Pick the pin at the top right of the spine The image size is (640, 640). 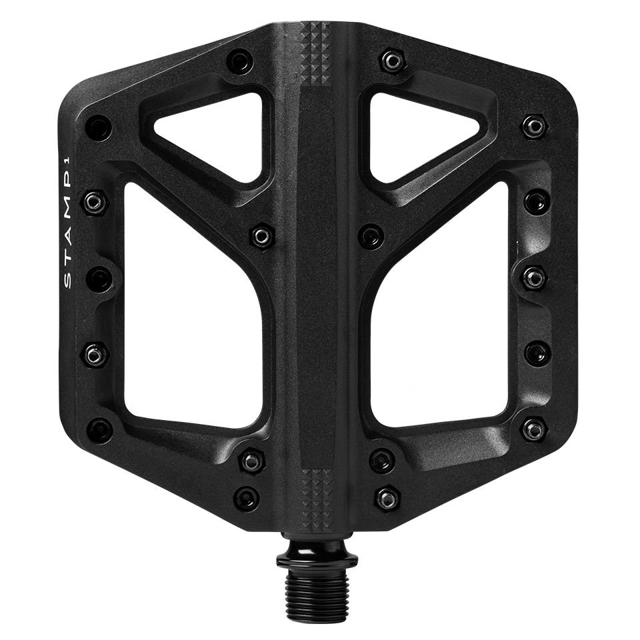point(389,62)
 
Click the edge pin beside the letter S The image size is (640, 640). point(99,278)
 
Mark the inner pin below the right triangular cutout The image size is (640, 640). point(371,235)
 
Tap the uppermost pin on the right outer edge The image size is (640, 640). point(534,125)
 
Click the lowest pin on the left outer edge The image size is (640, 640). point(100,429)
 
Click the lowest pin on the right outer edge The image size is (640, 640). point(534,429)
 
